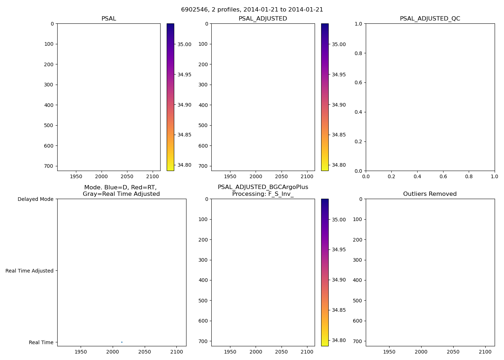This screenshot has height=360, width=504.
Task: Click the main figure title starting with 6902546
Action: click(252, 10)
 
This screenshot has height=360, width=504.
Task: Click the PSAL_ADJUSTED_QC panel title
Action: click(430, 19)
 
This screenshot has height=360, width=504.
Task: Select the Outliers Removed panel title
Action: click(430, 194)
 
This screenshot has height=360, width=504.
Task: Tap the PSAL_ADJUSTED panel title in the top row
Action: click(263, 19)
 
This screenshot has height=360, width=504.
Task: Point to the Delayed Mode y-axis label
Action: click(35, 199)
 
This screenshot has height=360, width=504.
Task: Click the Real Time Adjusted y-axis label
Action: click(30, 271)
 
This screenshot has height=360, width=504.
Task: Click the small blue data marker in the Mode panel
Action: click(122, 342)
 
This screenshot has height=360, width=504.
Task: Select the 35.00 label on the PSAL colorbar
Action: click(184, 44)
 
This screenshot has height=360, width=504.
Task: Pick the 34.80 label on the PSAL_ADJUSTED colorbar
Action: click(339, 165)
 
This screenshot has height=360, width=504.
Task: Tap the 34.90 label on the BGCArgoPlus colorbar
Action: click(339, 280)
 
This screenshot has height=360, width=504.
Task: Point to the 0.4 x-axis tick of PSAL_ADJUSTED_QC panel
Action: click(417, 177)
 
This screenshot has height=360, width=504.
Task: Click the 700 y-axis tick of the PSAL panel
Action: click(49, 166)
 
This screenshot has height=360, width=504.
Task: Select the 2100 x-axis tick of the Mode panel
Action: click(176, 352)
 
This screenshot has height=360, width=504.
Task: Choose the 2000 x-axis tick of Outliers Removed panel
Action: click(421, 352)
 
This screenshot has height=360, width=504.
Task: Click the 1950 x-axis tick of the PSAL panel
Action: click(76, 177)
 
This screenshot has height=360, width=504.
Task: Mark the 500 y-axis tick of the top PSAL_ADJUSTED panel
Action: click(203, 125)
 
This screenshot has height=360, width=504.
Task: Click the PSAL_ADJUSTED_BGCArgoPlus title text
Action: click(263, 187)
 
